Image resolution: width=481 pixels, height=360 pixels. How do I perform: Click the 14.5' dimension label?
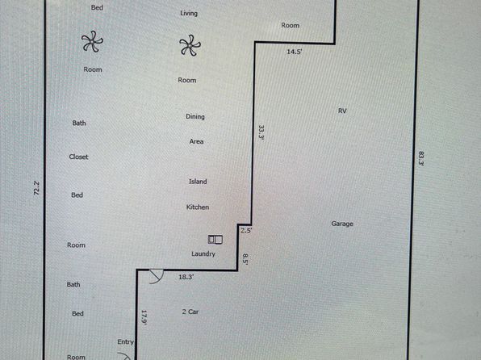coord(295,52)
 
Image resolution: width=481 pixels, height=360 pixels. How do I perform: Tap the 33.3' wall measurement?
coord(261,132)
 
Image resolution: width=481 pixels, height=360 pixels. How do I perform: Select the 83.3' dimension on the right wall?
coord(421,158)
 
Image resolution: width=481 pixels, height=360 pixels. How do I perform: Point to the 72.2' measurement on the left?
coord(36,188)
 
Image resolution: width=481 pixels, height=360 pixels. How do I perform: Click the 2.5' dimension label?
coord(246,231)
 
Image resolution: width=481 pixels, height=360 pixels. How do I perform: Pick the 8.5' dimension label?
coord(245,259)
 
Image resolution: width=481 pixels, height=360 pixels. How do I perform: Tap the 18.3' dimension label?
coord(186,277)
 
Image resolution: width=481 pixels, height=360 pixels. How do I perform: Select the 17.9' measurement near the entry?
coord(144,317)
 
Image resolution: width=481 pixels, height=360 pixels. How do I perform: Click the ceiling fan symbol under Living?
coord(190,45)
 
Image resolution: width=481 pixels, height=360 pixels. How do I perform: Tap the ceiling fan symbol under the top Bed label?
coord(92,41)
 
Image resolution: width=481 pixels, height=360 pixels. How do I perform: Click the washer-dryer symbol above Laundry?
coord(215,240)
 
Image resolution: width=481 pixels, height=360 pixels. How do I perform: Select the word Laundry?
coord(203,253)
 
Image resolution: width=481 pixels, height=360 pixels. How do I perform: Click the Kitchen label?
coord(198,207)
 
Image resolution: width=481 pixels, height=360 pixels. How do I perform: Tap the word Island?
coord(198,182)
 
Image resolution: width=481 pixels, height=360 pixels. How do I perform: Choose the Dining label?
coord(195,116)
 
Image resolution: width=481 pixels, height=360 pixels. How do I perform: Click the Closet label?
coord(78,157)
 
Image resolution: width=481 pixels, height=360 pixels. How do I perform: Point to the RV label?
coord(342,111)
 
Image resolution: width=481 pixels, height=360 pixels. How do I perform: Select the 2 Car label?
coord(190,312)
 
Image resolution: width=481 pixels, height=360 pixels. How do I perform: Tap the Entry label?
coord(125,342)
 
